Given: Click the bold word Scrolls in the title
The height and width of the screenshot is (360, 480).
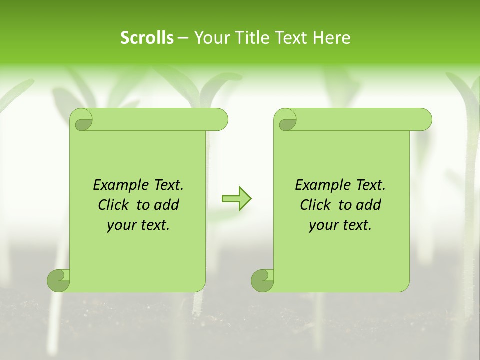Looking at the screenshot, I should pos(147,38).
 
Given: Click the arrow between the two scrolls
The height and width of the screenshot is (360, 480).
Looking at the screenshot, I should pos(236,199).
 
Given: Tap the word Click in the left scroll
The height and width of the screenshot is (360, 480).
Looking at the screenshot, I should pos(113,205).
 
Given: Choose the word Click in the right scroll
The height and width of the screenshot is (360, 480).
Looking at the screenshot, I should pos(315,205).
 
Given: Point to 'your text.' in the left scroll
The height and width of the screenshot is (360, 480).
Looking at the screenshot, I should pos(138,225).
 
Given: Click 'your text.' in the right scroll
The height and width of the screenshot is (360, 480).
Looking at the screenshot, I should pos(340,225).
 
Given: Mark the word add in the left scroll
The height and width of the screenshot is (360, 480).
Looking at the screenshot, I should pos(166,205).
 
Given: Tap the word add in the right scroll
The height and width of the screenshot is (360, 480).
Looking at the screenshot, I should pos(369,205).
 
